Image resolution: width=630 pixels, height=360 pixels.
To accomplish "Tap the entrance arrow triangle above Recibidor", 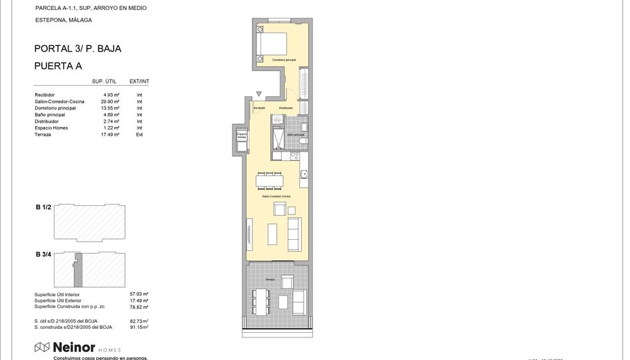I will [x=259, y=94].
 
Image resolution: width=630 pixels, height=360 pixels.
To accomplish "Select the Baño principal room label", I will [x=296, y=135].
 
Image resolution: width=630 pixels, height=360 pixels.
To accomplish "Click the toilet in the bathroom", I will [x=302, y=141].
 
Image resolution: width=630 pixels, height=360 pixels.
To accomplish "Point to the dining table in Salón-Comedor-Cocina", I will [x=270, y=181].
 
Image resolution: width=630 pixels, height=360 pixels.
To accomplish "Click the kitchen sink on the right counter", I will [x=304, y=175].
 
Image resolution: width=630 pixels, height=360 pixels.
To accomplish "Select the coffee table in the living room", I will [x=272, y=234].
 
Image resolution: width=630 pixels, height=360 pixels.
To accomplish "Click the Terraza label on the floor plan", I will [x=269, y=280].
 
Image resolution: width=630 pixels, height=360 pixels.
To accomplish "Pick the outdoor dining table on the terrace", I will [x=259, y=300].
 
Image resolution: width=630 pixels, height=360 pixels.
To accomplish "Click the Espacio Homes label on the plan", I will [x=241, y=135].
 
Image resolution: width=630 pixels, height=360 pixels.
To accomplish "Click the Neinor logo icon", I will [x=42, y=347].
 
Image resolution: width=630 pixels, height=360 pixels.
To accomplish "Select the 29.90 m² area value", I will [x=110, y=102].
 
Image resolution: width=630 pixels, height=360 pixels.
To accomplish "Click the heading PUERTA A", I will [x=58, y=66].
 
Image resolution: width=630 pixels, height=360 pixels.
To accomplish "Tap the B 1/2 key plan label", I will [x=43, y=207].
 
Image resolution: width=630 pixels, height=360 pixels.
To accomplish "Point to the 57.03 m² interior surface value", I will [x=139, y=294].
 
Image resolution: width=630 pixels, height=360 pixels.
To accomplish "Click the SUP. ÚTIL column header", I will [x=104, y=82].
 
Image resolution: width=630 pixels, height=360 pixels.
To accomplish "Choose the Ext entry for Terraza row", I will [x=140, y=135].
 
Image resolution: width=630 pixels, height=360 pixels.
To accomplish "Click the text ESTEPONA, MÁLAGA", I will [x=63, y=20].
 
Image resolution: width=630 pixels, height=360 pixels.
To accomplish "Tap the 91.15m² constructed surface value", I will [x=139, y=327].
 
